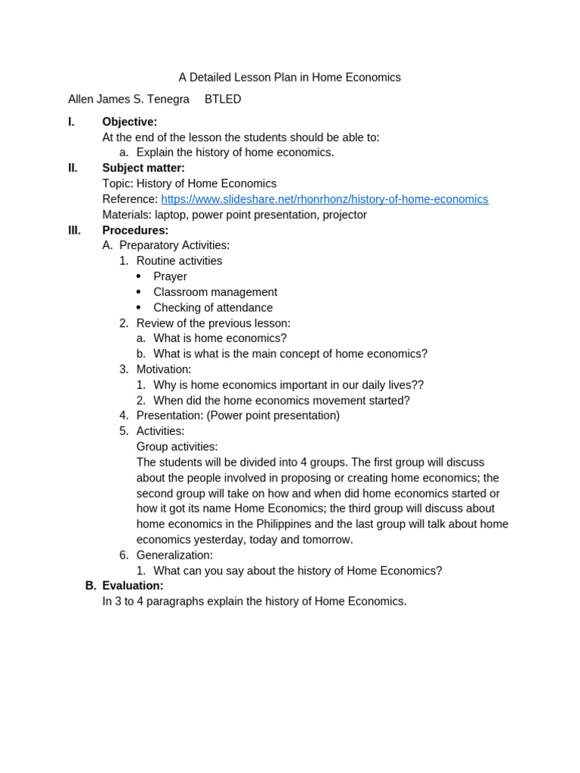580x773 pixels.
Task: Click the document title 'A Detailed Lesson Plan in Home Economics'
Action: point(289,78)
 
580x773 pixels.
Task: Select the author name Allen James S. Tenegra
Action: point(128,100)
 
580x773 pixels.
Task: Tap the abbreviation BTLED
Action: point(223,100)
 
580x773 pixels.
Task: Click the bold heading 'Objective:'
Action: point(130,122)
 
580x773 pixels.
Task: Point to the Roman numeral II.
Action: point(72,168)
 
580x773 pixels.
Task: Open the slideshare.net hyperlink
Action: point(324,199)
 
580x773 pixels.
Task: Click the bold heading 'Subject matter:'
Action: point(143,168)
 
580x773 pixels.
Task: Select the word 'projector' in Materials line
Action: point(344,215)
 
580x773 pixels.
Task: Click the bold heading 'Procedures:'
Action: point(135,230)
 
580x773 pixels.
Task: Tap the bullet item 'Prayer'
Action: point(170,277)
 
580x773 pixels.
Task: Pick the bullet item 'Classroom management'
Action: point(215,292)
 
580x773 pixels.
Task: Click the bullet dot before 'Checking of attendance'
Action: point(139,308)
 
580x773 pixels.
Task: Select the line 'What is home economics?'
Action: point(220,338)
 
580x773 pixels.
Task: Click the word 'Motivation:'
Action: point(164,369)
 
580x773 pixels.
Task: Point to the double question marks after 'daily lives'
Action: point(418,385)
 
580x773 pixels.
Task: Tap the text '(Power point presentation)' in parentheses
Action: point(273,415)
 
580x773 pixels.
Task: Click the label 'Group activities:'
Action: point(177,447)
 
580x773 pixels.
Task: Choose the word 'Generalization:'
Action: point(174,556)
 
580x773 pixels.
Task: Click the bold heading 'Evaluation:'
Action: point(133,586)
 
